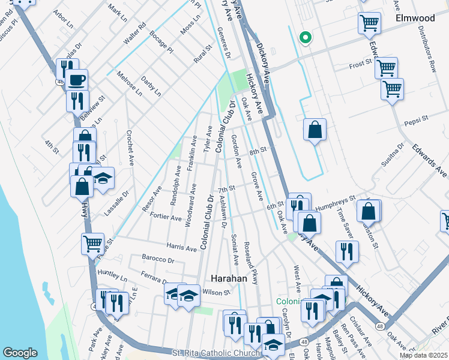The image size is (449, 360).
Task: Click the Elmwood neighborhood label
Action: [414, 19]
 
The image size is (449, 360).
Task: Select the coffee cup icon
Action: [76, 79]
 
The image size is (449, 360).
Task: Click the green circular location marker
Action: [306, 37]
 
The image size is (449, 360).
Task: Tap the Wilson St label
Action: [217, 292]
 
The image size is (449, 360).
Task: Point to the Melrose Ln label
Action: [130, 83]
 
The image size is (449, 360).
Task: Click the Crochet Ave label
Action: [128, 148]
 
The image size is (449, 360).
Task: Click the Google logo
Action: [20, 353]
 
